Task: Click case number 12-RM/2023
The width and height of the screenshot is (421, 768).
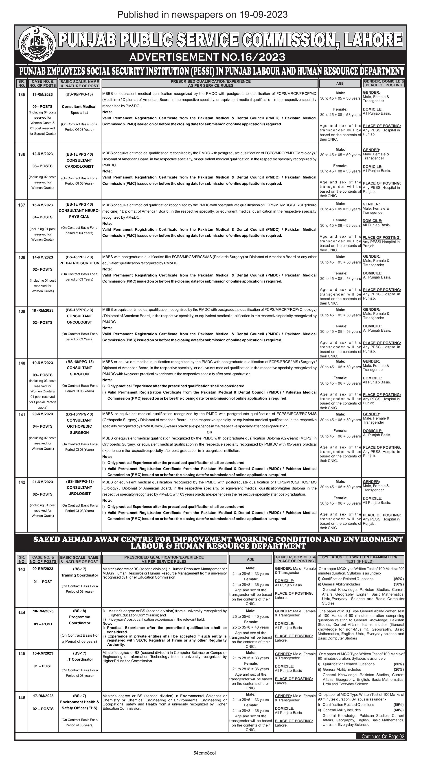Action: (42, 154)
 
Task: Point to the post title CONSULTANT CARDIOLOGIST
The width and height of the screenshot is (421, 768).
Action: (79, 163)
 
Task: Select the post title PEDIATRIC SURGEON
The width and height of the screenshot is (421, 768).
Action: (79, 263)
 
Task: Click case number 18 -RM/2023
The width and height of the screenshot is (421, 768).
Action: (42, 310)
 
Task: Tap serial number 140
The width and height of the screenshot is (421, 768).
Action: (22, 363)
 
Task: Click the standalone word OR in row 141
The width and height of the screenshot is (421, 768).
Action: (209, 432)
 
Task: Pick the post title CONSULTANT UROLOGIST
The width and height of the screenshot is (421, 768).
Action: (79, 490)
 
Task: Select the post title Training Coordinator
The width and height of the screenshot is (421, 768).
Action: (79, 575)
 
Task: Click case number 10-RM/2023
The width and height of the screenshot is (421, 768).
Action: (43, 611)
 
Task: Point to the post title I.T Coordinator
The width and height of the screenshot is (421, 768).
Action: (79, 659)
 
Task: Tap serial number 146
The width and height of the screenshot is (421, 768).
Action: (22, 698)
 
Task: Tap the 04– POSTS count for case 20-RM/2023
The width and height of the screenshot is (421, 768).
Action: (42, 426)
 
